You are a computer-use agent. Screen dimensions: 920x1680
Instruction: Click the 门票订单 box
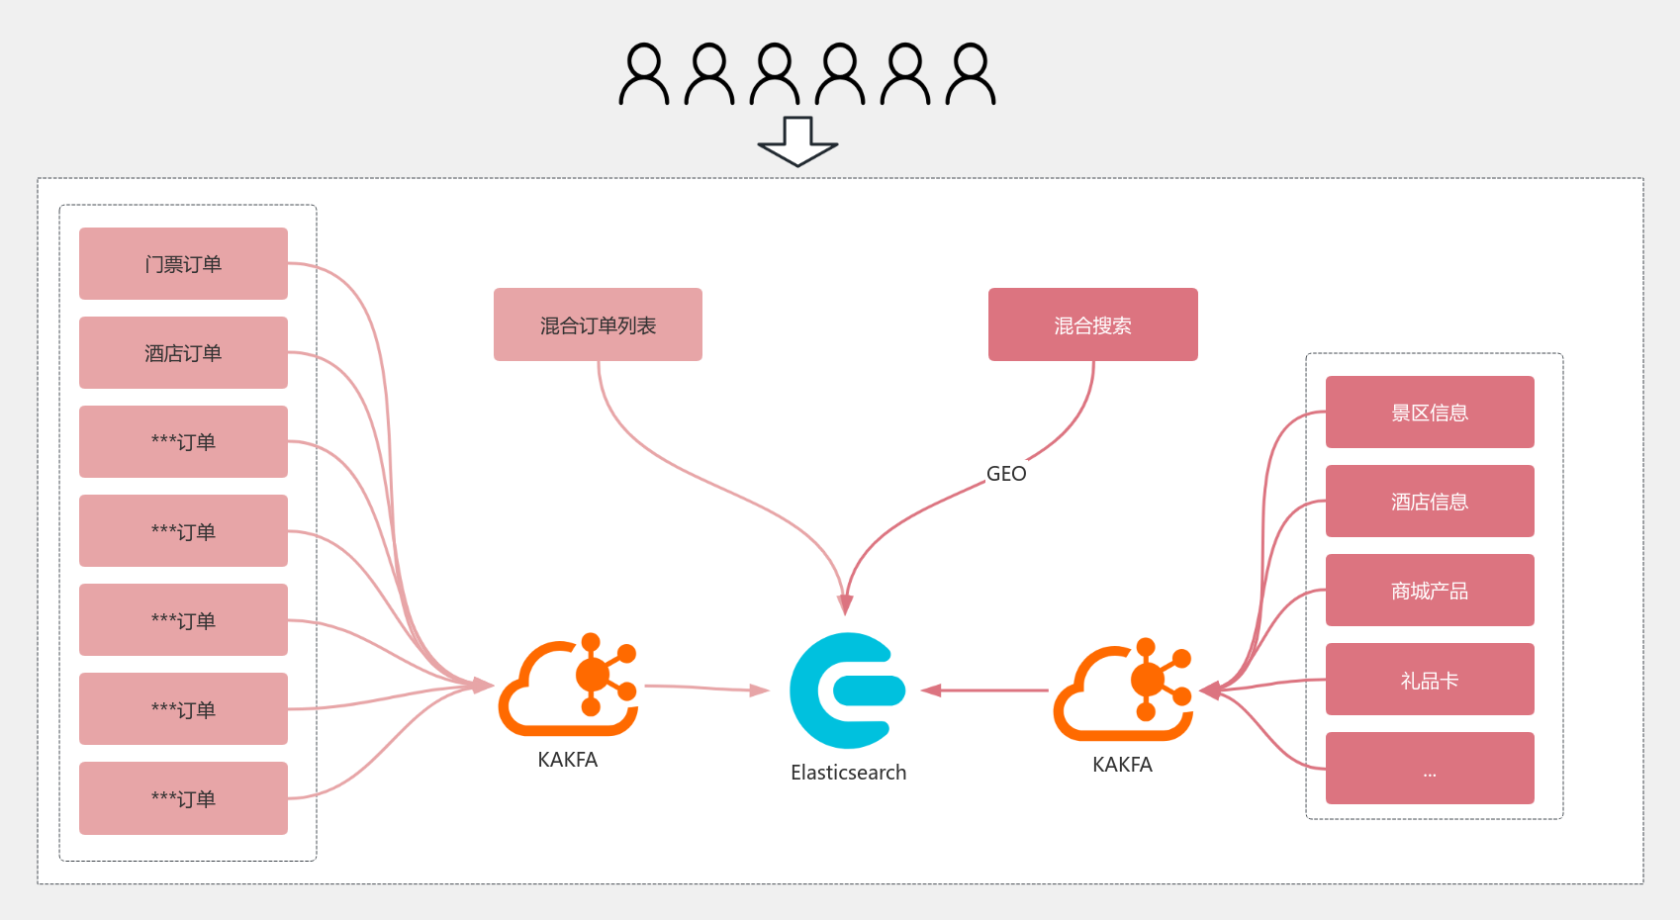[183, 264]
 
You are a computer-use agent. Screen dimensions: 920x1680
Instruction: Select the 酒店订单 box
[183, 353]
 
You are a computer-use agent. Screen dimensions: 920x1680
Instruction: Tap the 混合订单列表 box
[598, 325]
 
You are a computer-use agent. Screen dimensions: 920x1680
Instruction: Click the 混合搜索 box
[1092, 325]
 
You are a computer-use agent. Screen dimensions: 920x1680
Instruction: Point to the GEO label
[1006, 474]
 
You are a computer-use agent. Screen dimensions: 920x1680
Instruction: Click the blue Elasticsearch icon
[848, 690]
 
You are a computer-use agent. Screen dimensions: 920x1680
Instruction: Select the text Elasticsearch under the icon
[848, 773]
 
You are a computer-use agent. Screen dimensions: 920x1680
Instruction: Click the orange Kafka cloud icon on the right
[1123, 690]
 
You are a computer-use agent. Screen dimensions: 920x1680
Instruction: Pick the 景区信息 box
[1430, 413]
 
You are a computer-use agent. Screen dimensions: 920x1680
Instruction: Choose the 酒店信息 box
[1430, 502]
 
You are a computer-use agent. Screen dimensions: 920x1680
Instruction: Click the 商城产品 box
[1430, 591]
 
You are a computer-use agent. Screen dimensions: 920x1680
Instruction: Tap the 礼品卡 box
[1430, 680]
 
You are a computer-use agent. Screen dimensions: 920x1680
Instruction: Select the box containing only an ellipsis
[1430, 769]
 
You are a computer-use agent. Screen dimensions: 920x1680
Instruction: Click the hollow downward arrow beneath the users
[797, 141]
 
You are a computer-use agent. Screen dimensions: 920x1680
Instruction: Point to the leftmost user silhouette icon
[644, 74]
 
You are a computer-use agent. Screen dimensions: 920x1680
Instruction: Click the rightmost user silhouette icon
[971, 74]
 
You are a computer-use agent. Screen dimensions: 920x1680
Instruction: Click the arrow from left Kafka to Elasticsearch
[704, 688]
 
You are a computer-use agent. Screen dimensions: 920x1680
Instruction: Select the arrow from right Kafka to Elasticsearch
[984, 690]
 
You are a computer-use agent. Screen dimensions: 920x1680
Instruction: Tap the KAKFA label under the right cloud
[1122, 765]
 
